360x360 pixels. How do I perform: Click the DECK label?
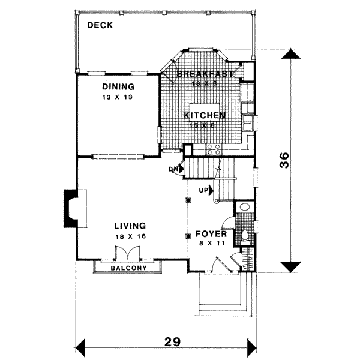(x=101, y=25)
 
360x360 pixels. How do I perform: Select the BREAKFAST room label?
(x=205, y=74)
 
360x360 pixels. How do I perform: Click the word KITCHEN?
(x=205, y=115)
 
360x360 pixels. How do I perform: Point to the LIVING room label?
(x=130, y=226)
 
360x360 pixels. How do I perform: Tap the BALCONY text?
(x=129, y=268)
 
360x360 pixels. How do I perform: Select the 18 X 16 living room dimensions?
(x=130, y=236)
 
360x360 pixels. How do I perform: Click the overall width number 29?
(x=172, y=342)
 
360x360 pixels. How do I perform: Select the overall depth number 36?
(x=286, y=161)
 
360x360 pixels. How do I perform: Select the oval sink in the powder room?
(x=244, y=208)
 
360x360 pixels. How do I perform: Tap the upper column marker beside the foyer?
(x=188, y=201)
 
